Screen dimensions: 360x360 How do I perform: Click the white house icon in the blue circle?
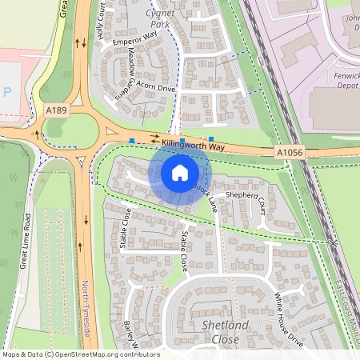tap(179, 172)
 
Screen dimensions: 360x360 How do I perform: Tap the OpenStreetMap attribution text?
tap(80, 354)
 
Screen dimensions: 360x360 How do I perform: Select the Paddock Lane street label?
tap(206, 194)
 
